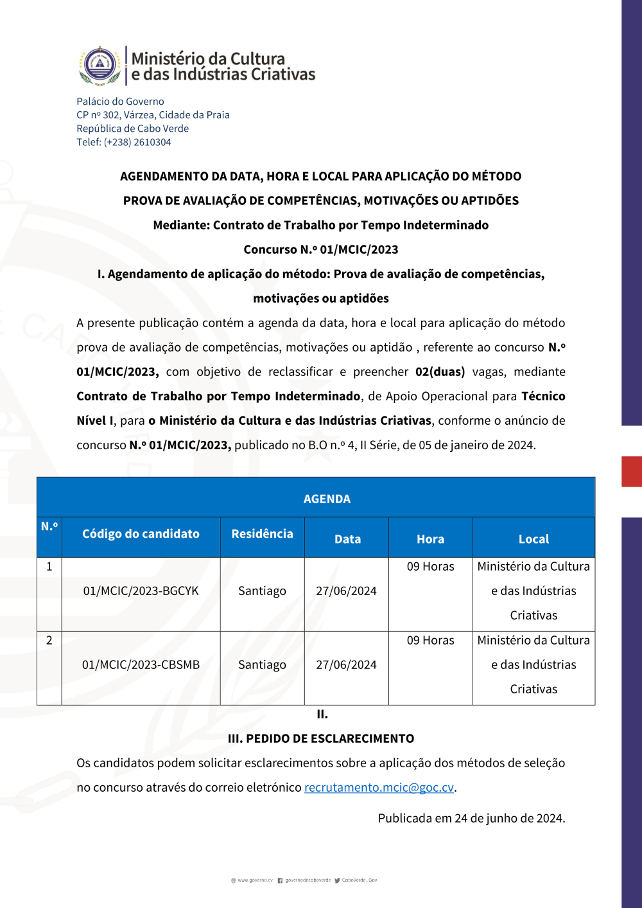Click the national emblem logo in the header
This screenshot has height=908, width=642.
(100, 66)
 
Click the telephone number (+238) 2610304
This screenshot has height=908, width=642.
(137, 142)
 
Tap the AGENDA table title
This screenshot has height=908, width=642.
(327, 499)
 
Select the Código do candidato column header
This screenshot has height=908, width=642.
(141, 533)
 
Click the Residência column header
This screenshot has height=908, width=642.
(262, 533)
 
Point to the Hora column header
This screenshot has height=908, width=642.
(430, 539)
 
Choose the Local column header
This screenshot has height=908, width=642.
(534, 539)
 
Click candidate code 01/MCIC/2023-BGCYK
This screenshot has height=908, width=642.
(141, 591)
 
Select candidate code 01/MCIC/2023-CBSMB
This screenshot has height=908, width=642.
(141, 664)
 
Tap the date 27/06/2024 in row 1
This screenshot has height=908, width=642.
(346, 591)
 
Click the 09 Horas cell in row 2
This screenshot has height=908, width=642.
(430, 640)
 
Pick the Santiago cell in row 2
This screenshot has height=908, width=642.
(262, 664)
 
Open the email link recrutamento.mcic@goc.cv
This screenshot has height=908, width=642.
(379, 787)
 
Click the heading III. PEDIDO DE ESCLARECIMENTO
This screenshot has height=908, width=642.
(321, 738)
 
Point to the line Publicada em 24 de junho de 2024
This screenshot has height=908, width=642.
(471, 818)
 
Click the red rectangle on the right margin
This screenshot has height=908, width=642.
(632, 471)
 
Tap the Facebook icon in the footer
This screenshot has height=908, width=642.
(280, 880)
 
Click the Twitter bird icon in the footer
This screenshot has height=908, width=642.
(337, 880)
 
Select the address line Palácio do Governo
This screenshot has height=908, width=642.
(120, 102)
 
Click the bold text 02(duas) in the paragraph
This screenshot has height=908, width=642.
(440, 371)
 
